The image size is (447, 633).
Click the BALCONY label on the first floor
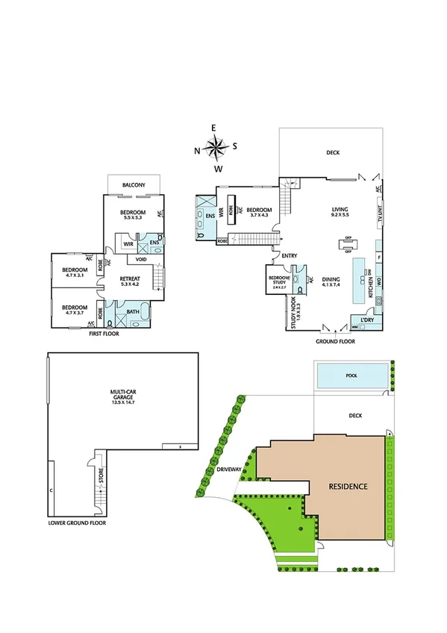[x=135, y=184]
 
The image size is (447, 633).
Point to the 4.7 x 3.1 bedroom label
[x=75, y=272]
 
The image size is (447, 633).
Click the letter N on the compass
[x=197, y=150]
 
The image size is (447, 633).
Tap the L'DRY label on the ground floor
[x=366, y=319]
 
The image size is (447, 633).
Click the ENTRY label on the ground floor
[x=290, y=256]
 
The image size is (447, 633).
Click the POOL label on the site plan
[x=351, y=376]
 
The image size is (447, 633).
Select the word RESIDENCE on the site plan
[x=348, y=486]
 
